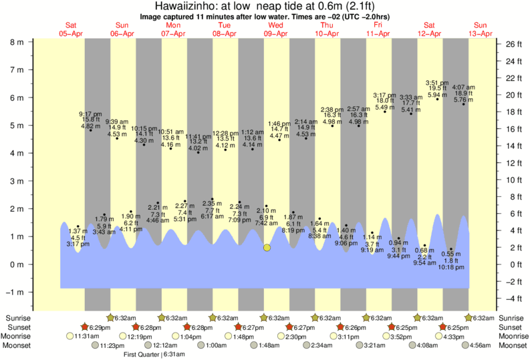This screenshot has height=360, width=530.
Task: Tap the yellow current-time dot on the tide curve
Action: click(x=267, y=247)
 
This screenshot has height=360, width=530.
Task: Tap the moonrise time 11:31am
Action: click(x=87, y=336)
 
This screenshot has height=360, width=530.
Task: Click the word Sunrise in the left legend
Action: click(x=16, y=318)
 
